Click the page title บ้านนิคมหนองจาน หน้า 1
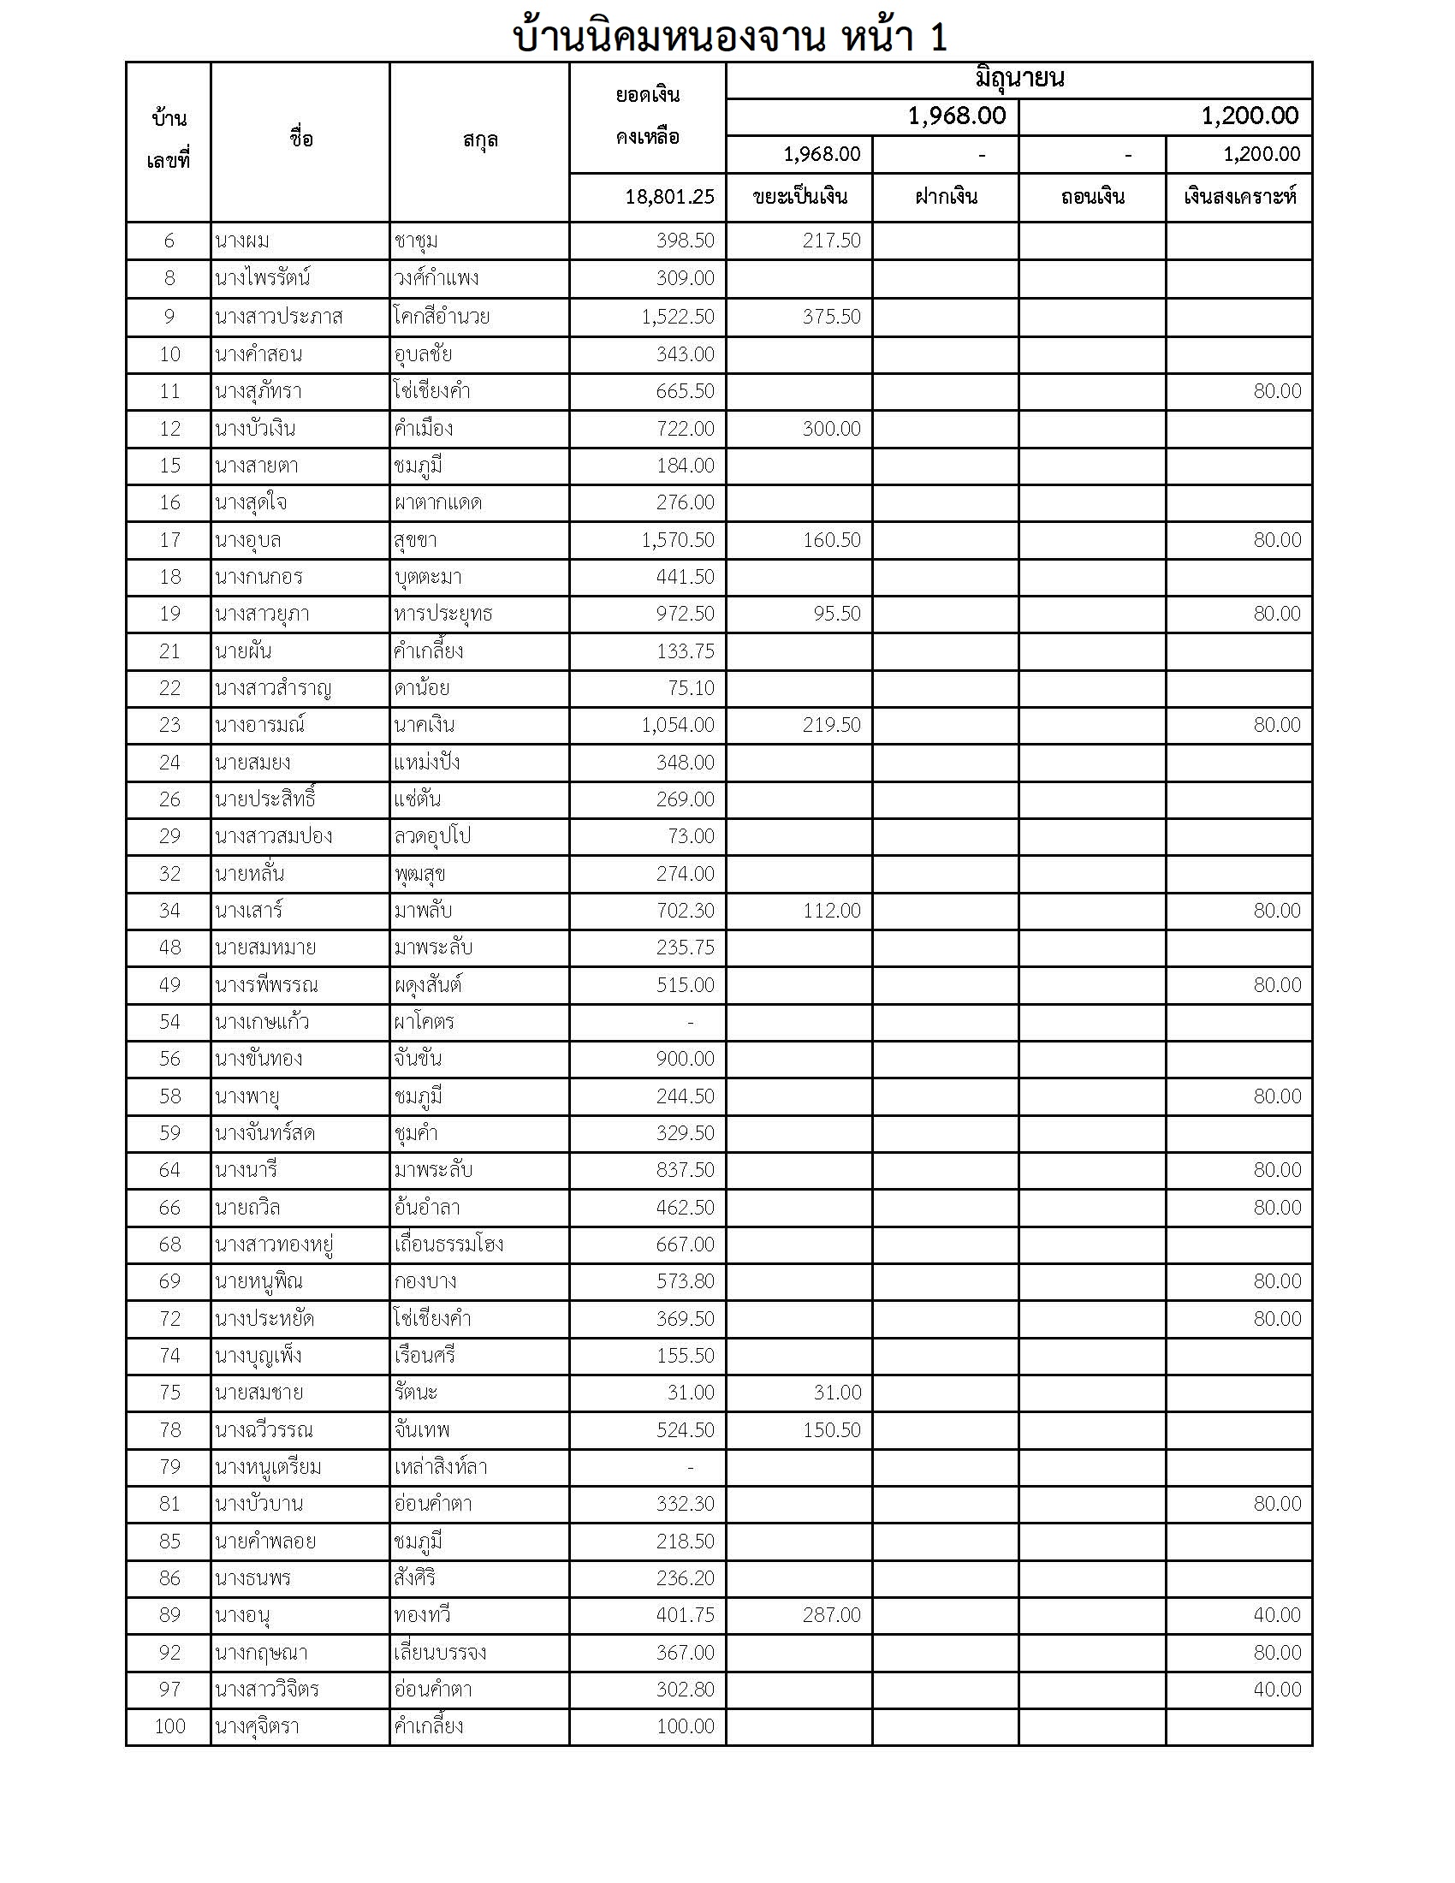pos(729,37)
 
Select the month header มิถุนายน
pos(1018,80)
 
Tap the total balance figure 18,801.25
pos(669,198)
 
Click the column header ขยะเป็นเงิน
pos(799,198)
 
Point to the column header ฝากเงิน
pos(946,198)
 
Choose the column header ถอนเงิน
pos(1092,198)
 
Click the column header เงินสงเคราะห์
pos(1238,198)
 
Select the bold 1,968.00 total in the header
pos(956,116)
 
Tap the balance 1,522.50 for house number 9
pos(678,318)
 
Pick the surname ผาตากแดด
pos(437,502)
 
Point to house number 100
pos(169,1726)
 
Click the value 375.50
pos(831,318)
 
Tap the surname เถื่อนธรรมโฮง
pos(448,1244)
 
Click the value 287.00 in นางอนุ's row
pos(831,1615)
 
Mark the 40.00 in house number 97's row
pos(1277,1689)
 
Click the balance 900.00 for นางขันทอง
pos(686,1059)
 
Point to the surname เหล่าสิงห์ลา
pos(441,1466)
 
